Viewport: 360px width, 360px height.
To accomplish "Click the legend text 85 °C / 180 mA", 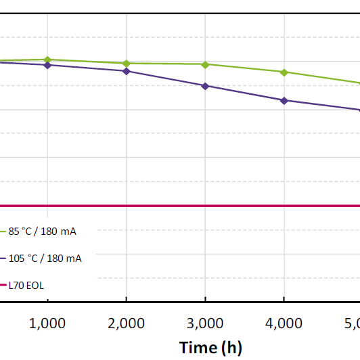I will pyautogui.click(x=43, y=231).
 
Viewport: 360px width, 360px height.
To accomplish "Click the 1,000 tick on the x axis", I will pyautogui.click(x=47, y=323).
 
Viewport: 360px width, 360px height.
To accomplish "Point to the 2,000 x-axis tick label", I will pyautogui.click(x=126, y=323).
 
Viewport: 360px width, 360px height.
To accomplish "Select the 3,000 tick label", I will pyautogui.click(x=205, y=323).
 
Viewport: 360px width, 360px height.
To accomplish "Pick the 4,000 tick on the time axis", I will pyautogui.click(x=284, y=323).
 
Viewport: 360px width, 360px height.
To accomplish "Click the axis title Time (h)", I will pyautogui.click(x=210, y=347).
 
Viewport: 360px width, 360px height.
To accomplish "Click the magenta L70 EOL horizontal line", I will pyautogui.click(x=203, y=206).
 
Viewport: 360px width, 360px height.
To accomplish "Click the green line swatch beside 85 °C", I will pyautogui.click(x=3, y=231).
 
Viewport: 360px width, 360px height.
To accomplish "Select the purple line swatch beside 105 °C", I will pyautogui.click(x=3, y=258).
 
